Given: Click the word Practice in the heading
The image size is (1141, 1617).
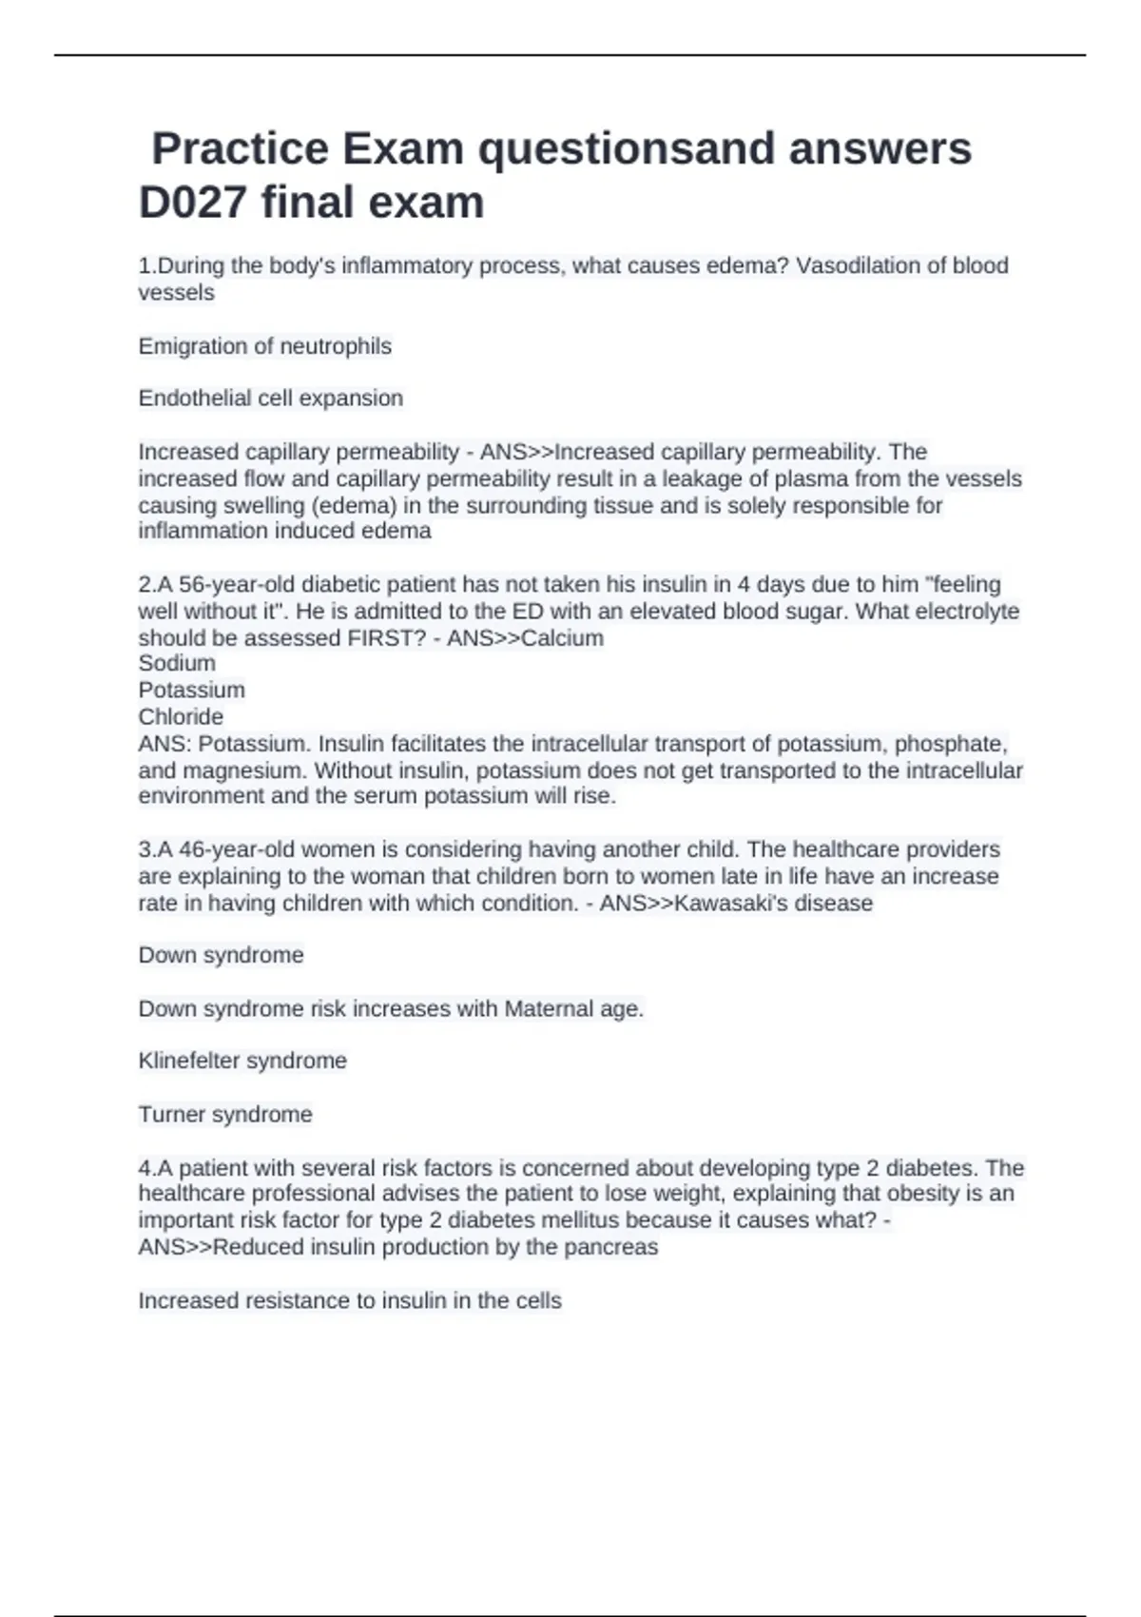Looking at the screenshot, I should click(240, 148).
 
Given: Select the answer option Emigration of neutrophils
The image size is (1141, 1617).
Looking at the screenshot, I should click(264, 346).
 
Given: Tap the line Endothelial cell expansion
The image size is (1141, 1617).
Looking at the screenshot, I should click(270, 399).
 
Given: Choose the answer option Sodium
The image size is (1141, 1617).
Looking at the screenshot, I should click(177, 663).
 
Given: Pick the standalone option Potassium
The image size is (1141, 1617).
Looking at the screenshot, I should click(191, 690).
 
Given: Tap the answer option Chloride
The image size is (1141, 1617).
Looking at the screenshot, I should click(181, 716).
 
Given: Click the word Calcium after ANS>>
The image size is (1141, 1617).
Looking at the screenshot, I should click(562, 638).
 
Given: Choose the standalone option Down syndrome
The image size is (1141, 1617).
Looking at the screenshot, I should click(221, 955).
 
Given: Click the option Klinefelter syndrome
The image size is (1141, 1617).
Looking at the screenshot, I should click(242, 1061).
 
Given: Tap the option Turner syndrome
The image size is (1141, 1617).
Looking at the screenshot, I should click(224, 1114).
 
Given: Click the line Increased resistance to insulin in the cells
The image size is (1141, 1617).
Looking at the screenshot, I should click(350, 1300).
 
